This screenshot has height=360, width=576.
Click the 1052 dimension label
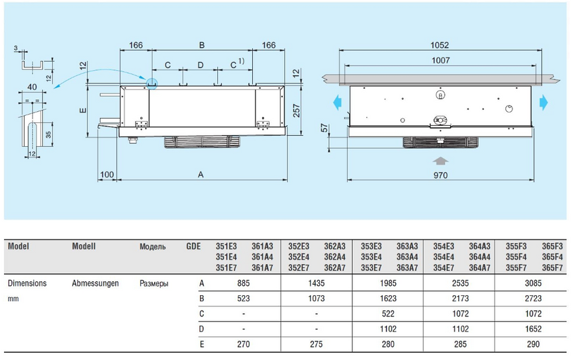click(440, 45)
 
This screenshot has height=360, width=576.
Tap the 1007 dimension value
click(440, 60)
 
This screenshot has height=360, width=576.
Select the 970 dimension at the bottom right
click(440, 175)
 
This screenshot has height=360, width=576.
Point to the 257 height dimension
click(297, 111)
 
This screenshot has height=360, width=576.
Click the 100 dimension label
click(107, 175)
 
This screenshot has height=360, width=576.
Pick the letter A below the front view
click(201, 175)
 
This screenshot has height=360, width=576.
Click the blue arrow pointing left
click(337, 102)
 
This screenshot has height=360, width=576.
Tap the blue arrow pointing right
click(544, 102)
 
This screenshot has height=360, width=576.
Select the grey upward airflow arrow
click(440, 161)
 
